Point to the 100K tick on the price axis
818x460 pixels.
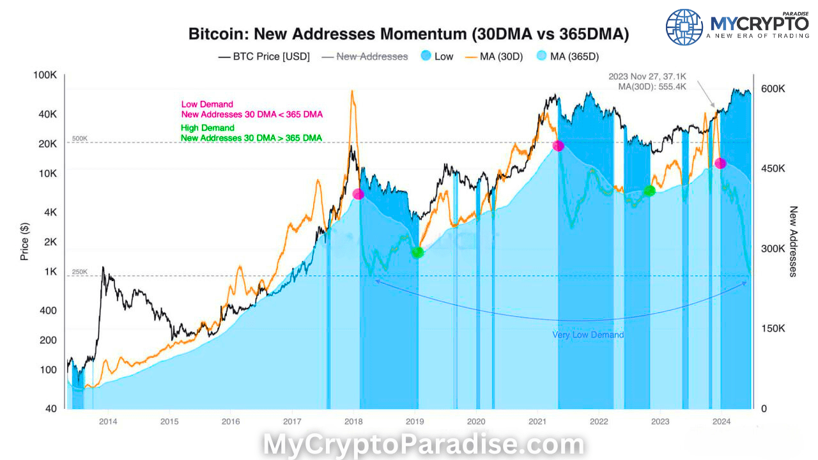[x=45, y=76]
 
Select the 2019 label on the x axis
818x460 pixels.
[x=415, y=421]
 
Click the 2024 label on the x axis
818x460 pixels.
[x=722, y=421]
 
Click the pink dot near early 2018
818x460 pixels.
[x=359, y=194]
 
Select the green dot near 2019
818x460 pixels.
[x=417, y=252]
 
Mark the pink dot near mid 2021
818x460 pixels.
[x=558, y=146]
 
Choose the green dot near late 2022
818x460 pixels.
[x=649, y=190]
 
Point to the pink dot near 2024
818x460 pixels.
[x=720, y=164]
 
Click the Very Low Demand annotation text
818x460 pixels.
[x=588, y=335]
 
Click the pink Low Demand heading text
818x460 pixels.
[x=207, y=104]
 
